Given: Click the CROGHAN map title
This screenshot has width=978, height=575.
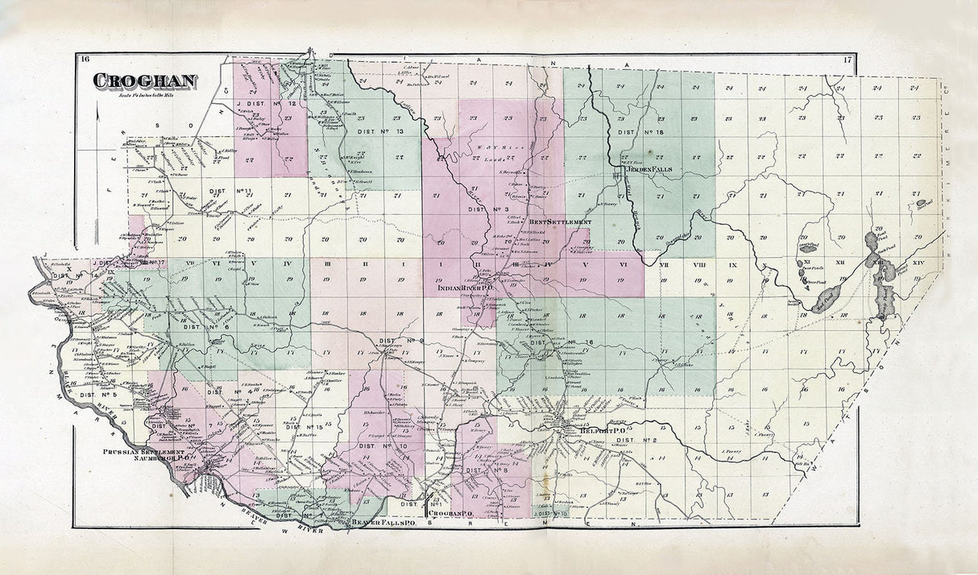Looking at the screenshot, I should click(145, 81).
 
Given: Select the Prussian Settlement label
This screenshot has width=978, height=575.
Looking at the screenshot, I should click(143, 453).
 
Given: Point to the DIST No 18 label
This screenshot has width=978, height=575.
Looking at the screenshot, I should click(640, 130).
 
